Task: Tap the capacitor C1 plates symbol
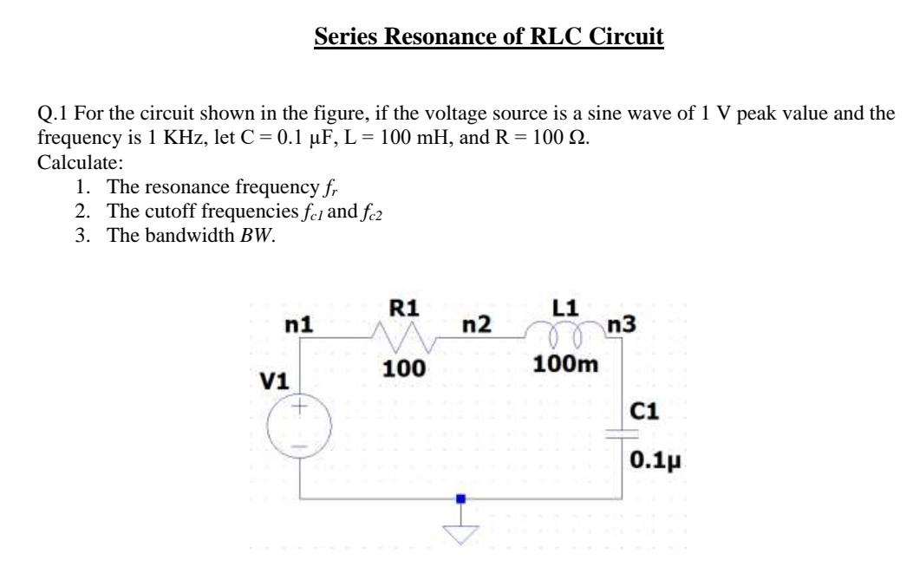pos(619,437)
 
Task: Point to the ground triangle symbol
pos(461,536)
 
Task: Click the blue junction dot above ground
pos(461,499)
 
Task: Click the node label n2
pos(476,325)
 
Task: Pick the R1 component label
pos(404,306)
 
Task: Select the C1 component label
pos(649,412)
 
